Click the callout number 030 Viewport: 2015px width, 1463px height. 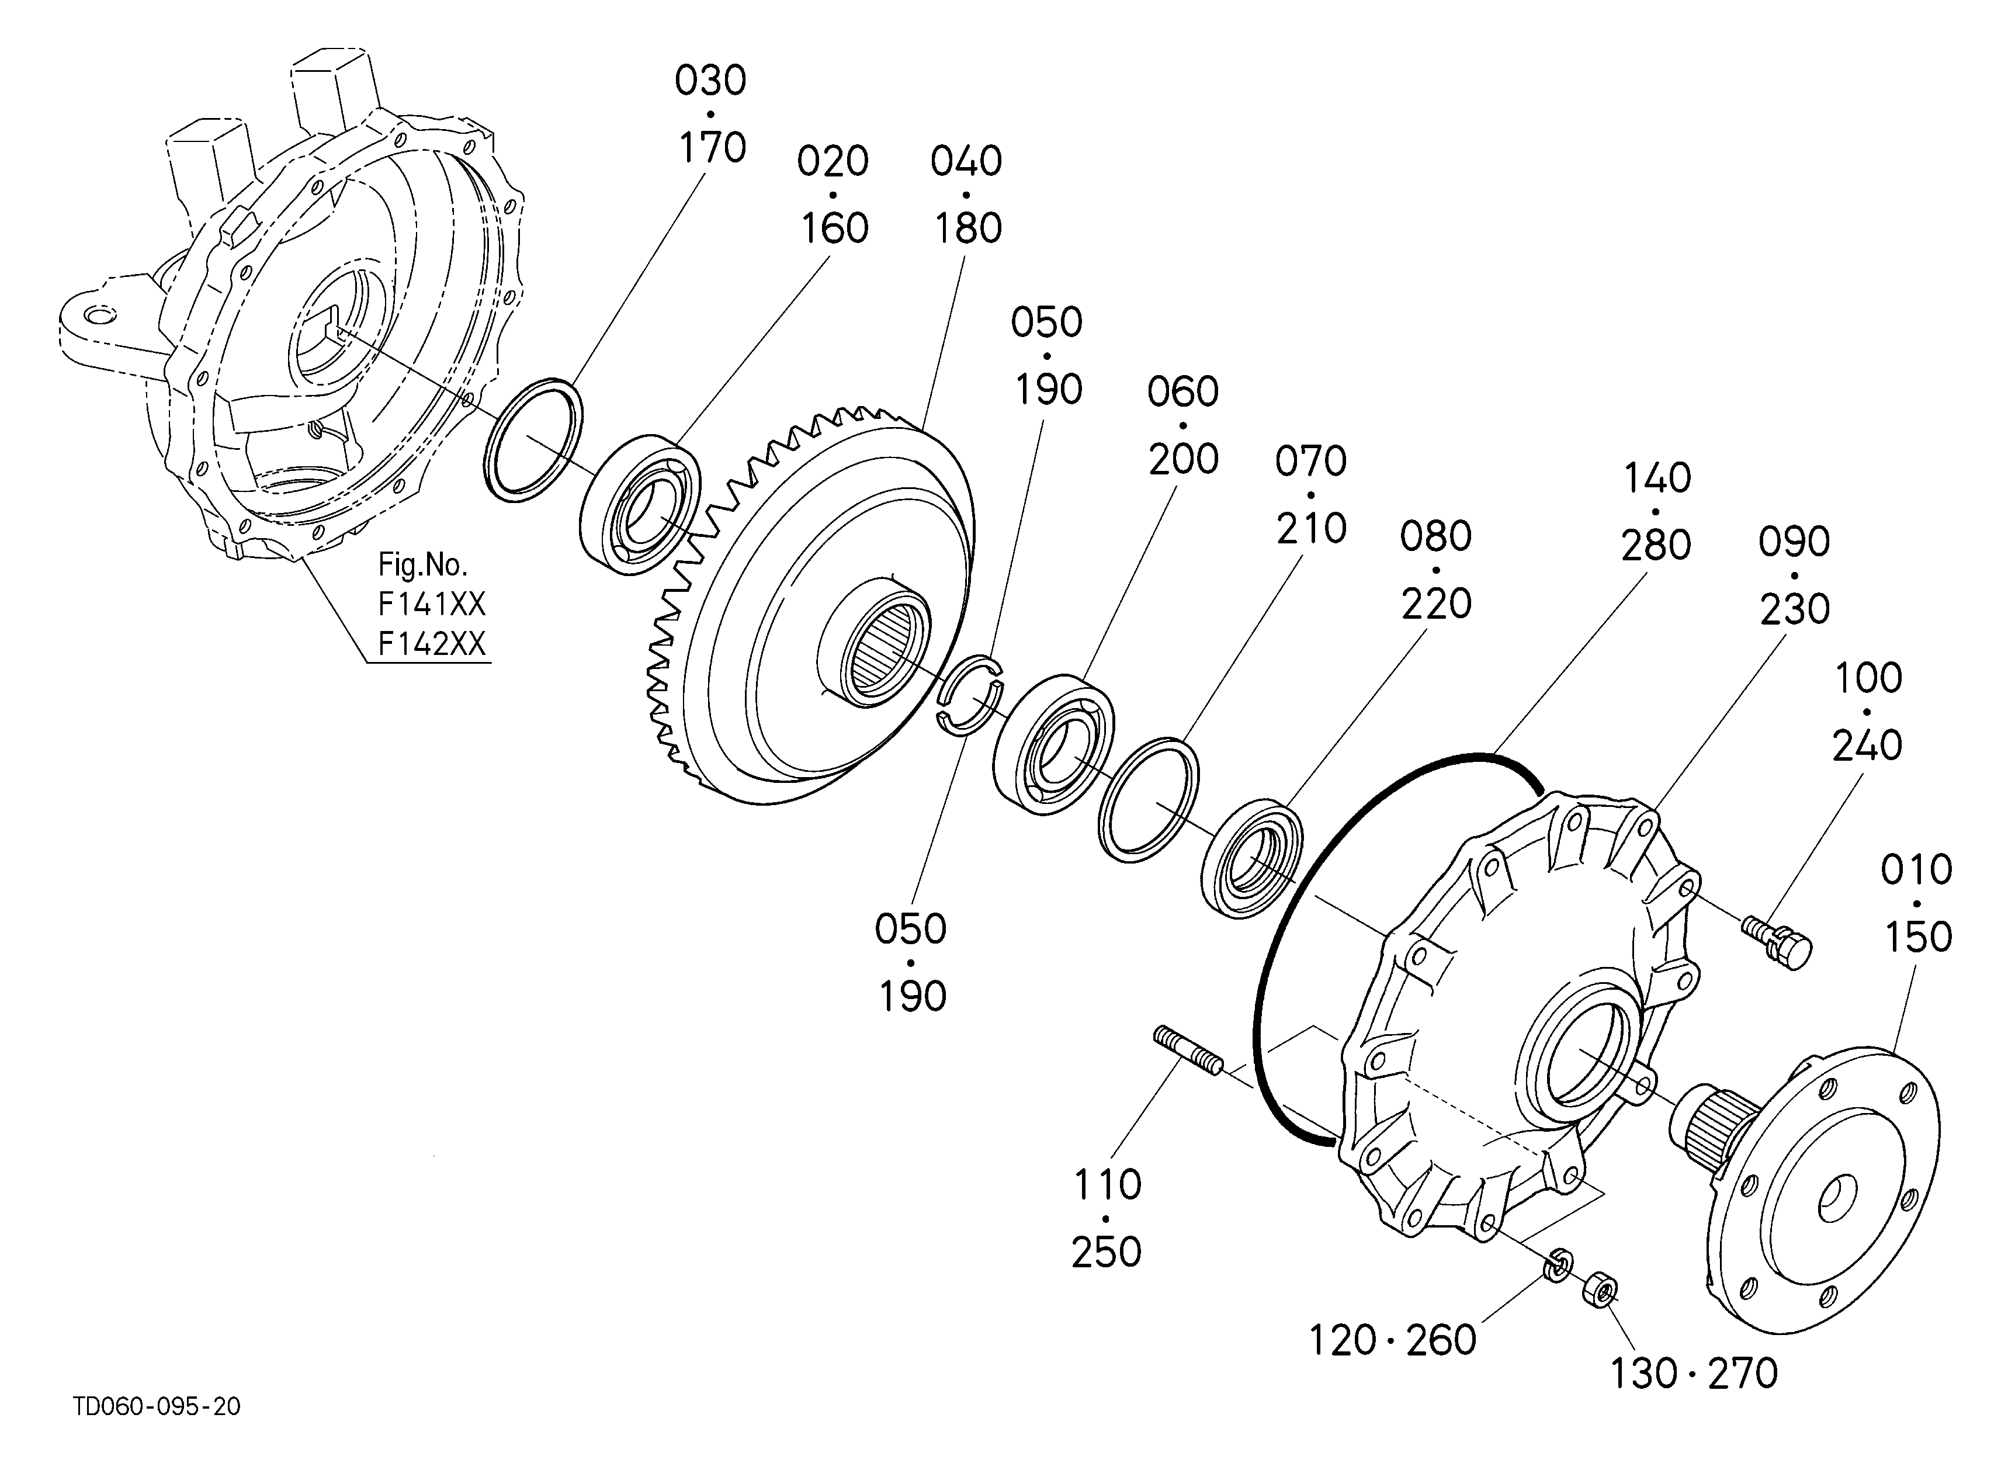pos(710,81)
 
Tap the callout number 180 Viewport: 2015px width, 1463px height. pos(967,228)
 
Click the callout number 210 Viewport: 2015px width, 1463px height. pos(1312,529)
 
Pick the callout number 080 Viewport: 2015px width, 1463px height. pos(1435,536)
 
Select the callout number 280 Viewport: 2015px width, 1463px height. pos(1656,545)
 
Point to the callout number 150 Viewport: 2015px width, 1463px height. pos(1917,937)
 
